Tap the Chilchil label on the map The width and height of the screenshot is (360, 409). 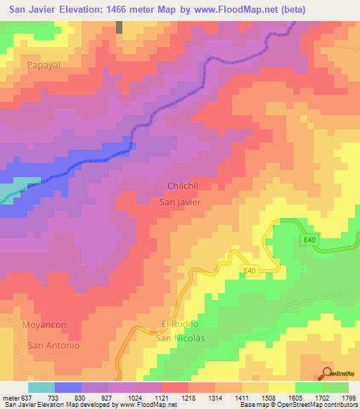(184, 186)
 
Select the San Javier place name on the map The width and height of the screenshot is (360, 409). (181, 202)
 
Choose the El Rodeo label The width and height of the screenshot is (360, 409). (181, 324)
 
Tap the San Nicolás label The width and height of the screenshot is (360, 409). (179, 338)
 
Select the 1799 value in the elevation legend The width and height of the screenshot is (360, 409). (348, 397)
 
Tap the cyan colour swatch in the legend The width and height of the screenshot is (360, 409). (41, 387)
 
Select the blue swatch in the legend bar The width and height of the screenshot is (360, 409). (68, 387)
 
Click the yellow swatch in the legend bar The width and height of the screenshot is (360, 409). (281, 387)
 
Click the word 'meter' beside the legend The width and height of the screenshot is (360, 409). (10, 397)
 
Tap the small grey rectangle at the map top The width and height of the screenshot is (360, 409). (120, 27)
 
